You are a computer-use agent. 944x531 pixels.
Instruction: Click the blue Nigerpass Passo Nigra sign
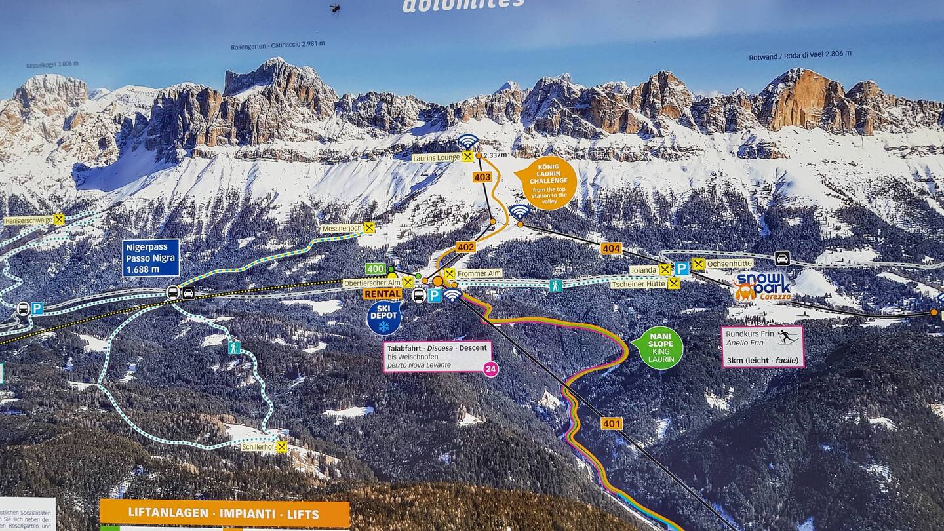(151, 258)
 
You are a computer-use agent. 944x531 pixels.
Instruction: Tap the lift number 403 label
(482, 177)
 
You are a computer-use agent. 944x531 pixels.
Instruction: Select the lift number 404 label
(611, 248)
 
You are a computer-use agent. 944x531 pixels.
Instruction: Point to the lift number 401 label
(612, 423)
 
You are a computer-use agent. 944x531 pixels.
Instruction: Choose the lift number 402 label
(465, 247)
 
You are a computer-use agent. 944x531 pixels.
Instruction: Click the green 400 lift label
(376, 269)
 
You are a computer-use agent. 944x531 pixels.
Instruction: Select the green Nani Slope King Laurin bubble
(659, 348)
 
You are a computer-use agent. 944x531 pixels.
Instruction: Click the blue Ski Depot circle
(383, 318)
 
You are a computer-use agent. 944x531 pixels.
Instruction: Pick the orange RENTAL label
(382, 294)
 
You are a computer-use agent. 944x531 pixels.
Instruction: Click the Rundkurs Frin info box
(762, 347)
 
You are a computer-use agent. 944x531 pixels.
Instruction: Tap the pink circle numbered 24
(490, 369)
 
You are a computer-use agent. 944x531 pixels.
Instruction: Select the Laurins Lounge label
(437, 157)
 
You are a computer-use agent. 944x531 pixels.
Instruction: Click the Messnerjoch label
(342, 229)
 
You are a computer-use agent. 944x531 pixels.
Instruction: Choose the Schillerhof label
(258, 447)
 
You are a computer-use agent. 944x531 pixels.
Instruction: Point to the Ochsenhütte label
(730, 264)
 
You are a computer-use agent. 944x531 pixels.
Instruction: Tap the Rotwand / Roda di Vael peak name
(800, 56)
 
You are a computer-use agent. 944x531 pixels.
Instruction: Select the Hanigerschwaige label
(28, 221)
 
